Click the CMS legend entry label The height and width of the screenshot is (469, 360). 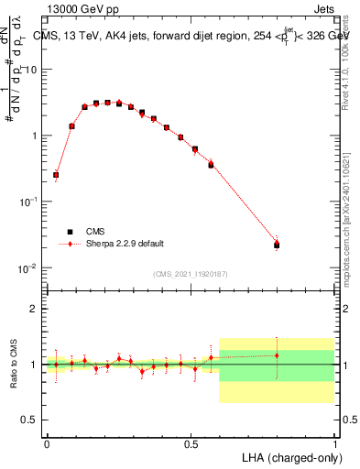[x=95, y=232]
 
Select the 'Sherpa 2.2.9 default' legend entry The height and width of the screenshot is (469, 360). [x=125, y=244]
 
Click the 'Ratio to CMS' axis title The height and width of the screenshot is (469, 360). [x=12, y=364]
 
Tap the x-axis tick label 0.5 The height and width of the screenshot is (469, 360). [x=191, y=442]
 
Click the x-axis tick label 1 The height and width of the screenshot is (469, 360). [x=335, y=442]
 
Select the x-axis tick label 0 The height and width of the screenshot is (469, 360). [x=47, y=442]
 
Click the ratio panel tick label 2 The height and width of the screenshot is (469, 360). [x=35, y=309]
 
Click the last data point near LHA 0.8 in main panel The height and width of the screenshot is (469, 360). [x=277, y=245]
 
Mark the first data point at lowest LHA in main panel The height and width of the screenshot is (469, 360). [x=56, y=174]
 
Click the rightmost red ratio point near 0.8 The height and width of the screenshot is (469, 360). [x=277, y=355]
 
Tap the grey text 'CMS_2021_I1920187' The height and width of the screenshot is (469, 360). [x=191, y=274]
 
